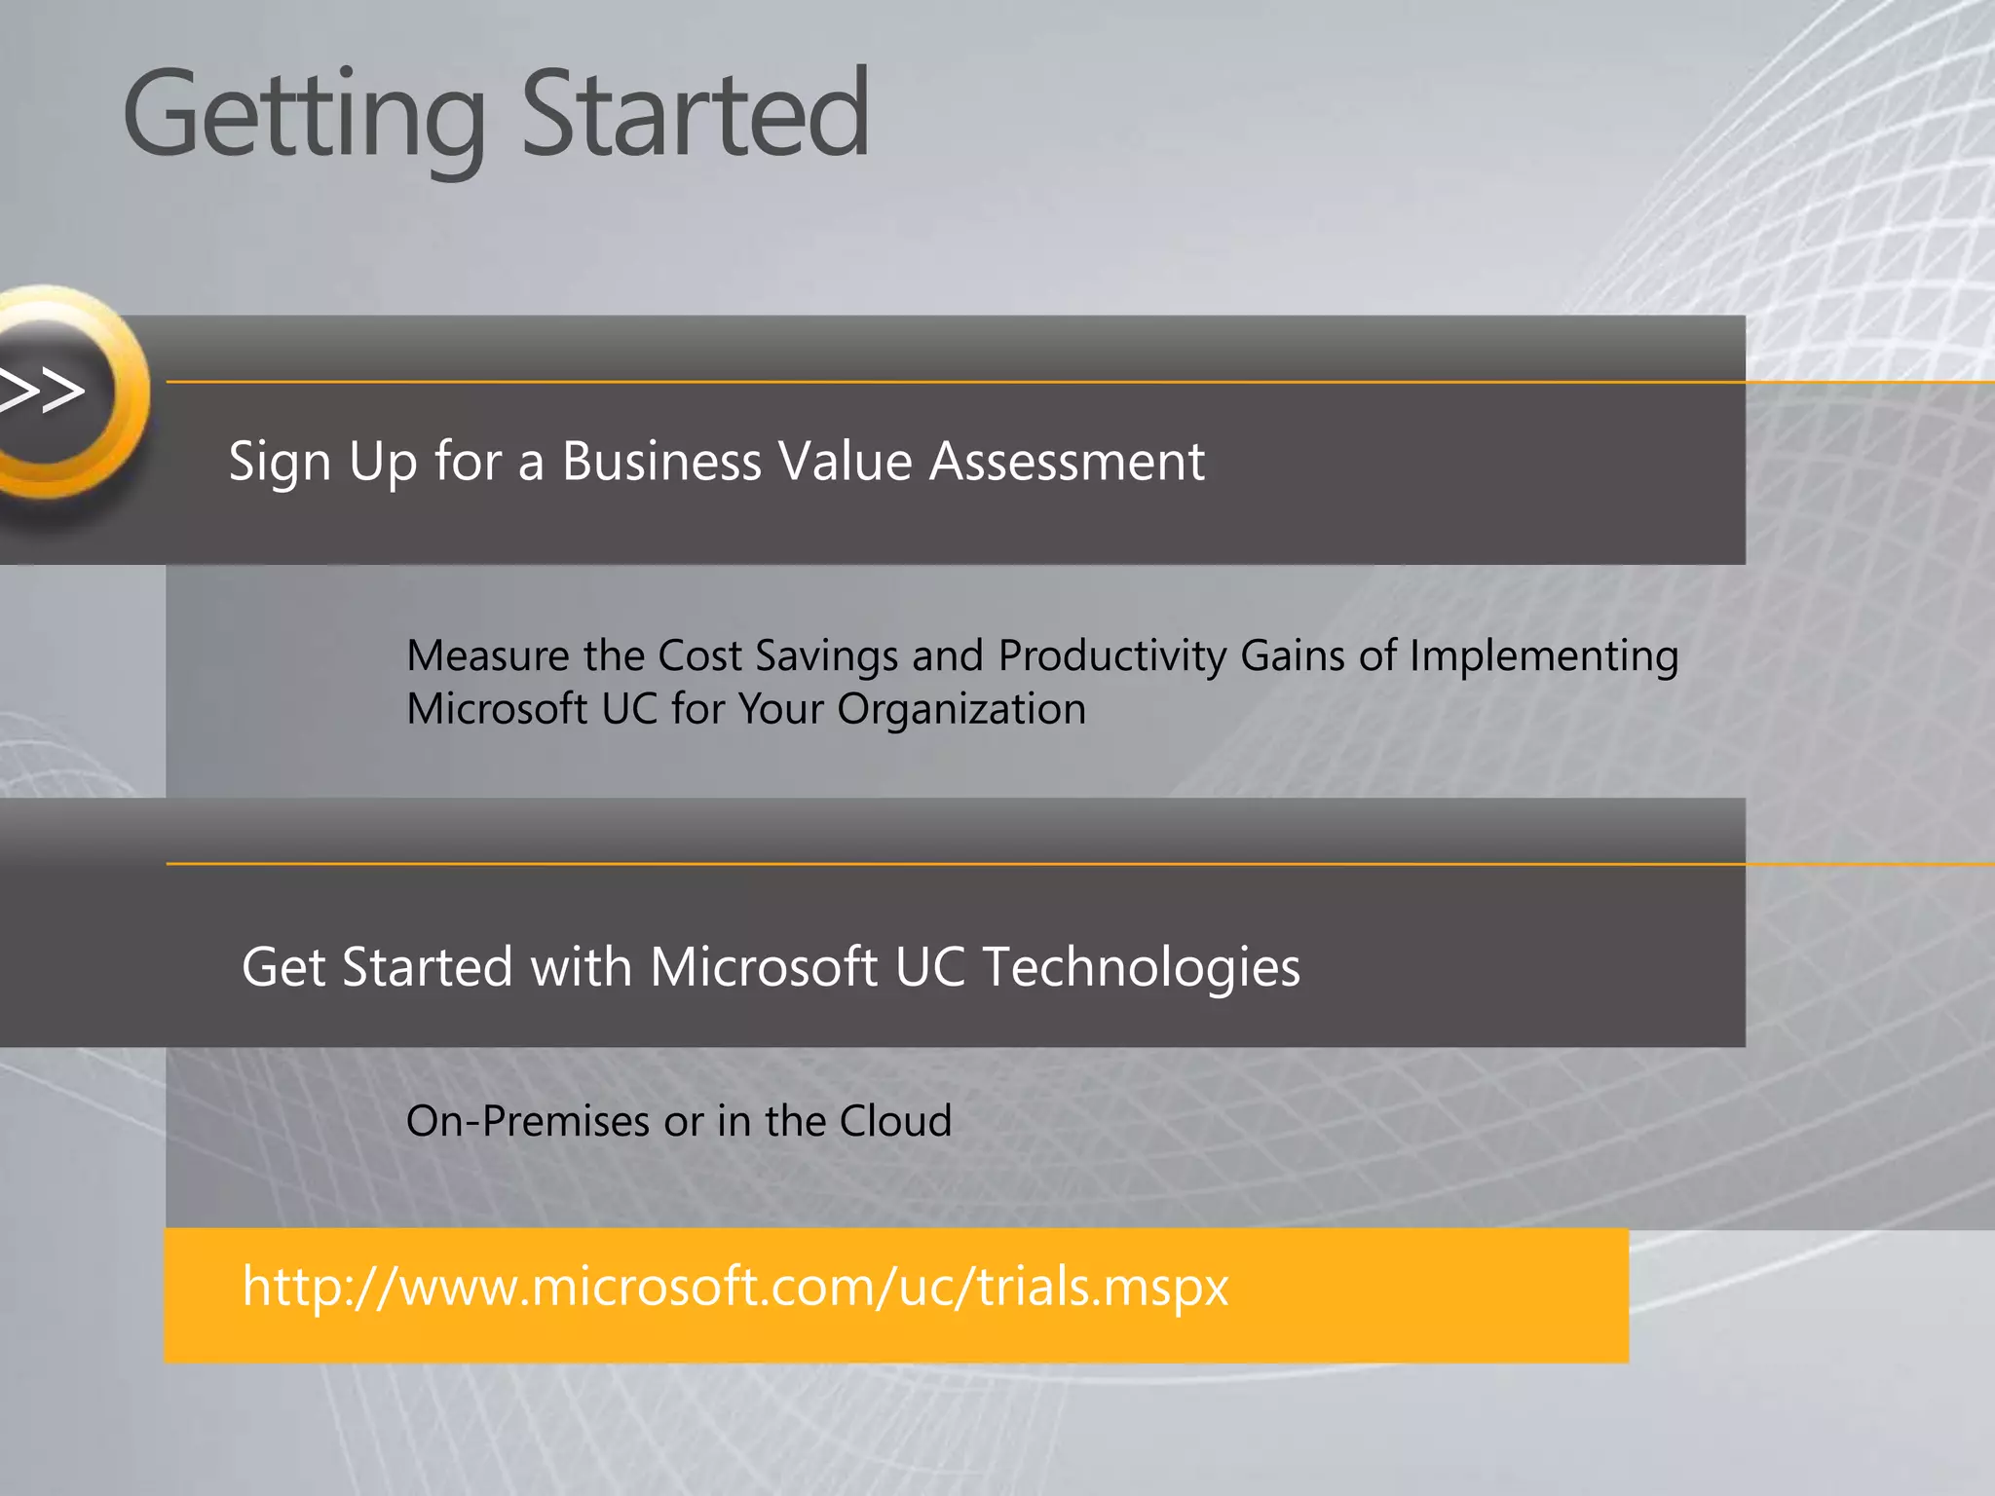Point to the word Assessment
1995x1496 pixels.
pos(1067,461)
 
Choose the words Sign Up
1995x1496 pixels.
pos(322,463)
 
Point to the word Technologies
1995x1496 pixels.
pos(1141,967)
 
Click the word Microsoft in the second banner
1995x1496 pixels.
pos(764,967)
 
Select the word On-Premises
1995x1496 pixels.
pos(527,1121)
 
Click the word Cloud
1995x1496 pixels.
pos(895,1121)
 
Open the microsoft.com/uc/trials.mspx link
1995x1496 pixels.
pos(735,1288)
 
